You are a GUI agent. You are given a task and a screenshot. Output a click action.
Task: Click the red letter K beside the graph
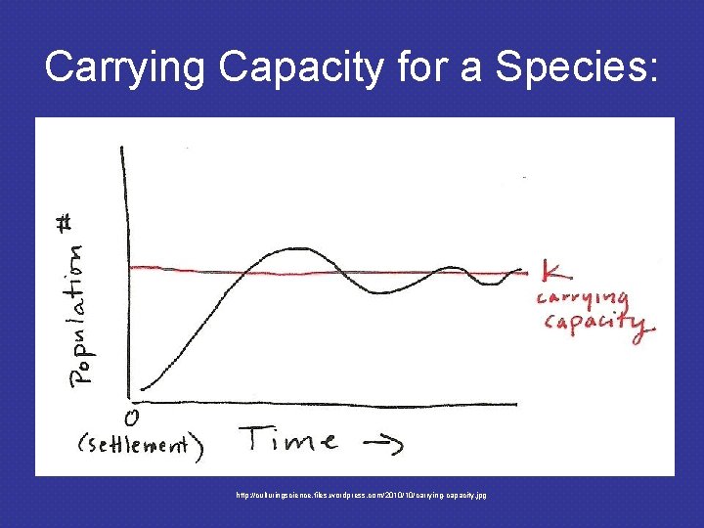tap(550, 273)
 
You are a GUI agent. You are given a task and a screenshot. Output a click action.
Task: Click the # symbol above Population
tap(90, 223)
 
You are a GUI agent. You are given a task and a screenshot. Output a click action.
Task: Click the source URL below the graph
tap(361, 496)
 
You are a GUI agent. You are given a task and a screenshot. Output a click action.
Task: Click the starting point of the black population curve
tap(142, 388)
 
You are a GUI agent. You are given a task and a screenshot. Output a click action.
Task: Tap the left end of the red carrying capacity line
tap(132, 266)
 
